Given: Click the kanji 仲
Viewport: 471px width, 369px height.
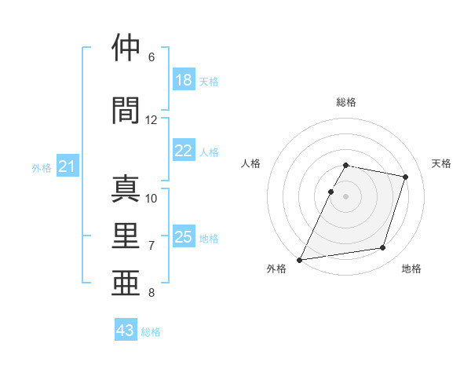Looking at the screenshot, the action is [126, 47].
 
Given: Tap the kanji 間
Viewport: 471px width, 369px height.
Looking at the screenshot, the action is [126, 111].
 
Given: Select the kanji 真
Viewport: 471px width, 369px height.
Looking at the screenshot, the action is [126, 188].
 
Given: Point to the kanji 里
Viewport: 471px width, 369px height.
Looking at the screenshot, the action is [126, 236].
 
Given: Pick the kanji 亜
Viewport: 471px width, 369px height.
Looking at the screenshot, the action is [126, 283].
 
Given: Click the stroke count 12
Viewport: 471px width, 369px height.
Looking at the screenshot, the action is [151, 120].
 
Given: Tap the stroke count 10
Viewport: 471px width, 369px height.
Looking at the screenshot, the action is [151, 199].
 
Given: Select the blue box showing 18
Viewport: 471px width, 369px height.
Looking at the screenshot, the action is [184, 79].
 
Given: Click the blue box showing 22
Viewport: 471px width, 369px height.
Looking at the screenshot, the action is [184, 150].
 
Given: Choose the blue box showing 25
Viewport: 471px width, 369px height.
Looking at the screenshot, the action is [184, 236].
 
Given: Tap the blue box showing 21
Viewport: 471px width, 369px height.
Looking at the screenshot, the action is [68, 166].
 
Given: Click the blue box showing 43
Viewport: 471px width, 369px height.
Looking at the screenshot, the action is [126, 329].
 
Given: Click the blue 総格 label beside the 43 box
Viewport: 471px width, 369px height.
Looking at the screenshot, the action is [151, 332].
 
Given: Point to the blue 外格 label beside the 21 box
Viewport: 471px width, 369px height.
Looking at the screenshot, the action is [42, 168].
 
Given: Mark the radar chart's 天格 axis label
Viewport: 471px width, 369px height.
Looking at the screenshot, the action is [441, 163].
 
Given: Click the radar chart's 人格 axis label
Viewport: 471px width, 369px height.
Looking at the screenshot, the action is [250, 163].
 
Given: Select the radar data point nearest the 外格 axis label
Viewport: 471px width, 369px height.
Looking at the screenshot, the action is [299, 260].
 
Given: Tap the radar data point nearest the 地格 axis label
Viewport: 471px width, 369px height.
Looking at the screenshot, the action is [383, 247].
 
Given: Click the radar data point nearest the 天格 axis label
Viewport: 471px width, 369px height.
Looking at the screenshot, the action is [405, 177].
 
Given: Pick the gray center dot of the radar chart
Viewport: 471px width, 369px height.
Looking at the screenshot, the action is [345, 196].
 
